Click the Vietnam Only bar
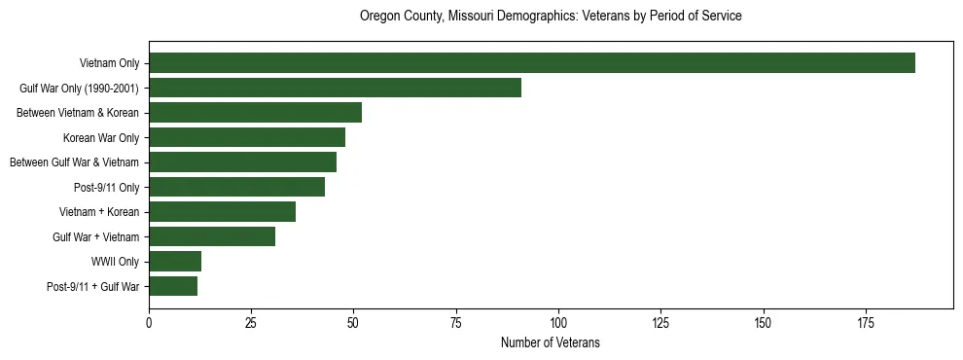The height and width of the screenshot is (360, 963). click(531, 63)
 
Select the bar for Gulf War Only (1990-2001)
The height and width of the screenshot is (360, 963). click(335, 89)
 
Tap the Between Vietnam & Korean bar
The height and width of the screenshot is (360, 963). click(255, 113)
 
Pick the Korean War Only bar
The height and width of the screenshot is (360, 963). click(247, 137)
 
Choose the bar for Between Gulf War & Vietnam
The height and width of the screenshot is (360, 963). click(242, 162)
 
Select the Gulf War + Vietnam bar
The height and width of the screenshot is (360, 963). click(212, 236)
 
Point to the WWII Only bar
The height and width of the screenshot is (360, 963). click(175, 261)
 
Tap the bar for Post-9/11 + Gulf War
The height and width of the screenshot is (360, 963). click(173, 286)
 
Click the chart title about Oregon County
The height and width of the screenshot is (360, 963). click(551, 17)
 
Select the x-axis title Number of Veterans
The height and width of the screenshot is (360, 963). click(551, 343)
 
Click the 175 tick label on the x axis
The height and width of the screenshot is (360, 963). click(764, 322)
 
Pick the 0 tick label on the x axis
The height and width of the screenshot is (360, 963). click(149, 322)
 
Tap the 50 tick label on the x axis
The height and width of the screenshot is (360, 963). click(353, 322)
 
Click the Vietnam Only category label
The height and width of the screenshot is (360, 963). click(110, 64)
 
